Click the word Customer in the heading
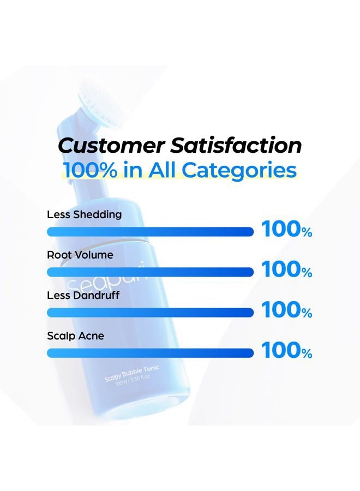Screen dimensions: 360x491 click(111, 145)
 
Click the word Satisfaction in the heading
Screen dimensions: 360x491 click(236, 145)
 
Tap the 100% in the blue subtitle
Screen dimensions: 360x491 click(90, 170)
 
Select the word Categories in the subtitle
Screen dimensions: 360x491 click(239, 171)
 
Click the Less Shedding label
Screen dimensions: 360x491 click(84, 214)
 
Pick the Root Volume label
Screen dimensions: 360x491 click(80, 255)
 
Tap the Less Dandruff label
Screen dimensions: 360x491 click(83, 295)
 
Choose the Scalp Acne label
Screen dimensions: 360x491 click(75, 336)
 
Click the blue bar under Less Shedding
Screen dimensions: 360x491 click(150, 232)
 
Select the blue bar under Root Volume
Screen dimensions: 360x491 click(150, 272)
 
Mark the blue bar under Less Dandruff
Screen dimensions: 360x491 click(150, 313)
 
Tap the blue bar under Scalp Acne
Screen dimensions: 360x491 click(150, 353)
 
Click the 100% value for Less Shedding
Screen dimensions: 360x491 click(287, 229)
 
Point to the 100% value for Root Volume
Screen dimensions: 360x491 click(287, 270)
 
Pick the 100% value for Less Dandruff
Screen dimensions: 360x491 click(287, 310)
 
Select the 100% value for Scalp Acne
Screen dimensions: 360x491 click(287, 350)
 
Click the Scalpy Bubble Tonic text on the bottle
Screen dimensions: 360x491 click(132, 373)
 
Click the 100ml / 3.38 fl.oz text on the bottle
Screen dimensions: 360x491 click(133, 380)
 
